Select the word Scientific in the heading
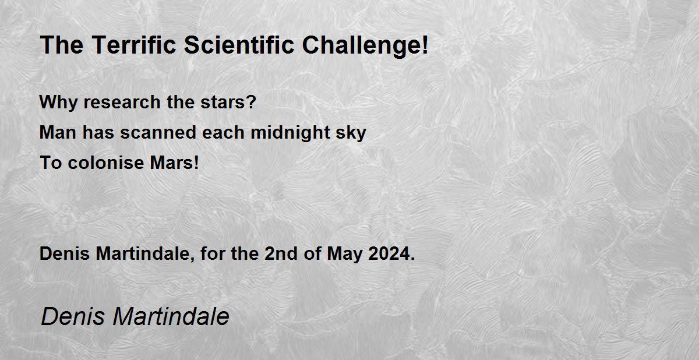239,45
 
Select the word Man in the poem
58,132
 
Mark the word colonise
106,163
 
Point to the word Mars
171,163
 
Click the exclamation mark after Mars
196,163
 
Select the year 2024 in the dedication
389,253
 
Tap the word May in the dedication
344,255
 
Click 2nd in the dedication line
281,253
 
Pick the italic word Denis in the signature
73,316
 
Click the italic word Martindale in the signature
171,316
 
